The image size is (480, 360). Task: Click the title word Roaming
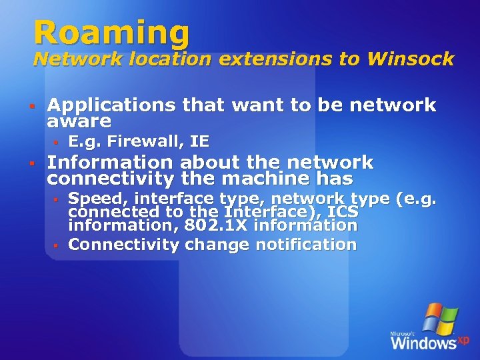point(111,32)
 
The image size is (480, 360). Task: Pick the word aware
point(79,121)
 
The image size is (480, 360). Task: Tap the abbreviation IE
point(199,141)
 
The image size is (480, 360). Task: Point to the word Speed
point(91,199)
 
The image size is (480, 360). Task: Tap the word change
point(212,245)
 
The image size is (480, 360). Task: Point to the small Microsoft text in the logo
point(403,333)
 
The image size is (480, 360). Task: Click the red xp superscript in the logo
point(463,340)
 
